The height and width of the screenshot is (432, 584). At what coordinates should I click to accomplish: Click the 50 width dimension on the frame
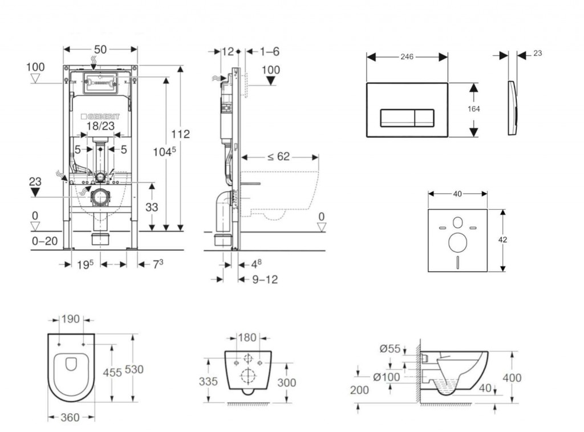pos(100,50)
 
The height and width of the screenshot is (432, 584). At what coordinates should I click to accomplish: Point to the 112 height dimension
pos(181,135)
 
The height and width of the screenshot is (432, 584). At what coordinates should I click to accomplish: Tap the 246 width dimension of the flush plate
pos(407,56)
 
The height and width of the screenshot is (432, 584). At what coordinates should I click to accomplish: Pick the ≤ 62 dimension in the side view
pos(279,157)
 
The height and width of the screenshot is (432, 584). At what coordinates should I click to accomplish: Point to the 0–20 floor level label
pos(44,241)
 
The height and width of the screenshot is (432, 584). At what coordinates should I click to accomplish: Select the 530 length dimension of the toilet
pos(134,369)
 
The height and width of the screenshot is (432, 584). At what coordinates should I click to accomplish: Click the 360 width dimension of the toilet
pos(70,418)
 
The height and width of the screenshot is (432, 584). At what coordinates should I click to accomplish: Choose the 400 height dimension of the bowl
pos(512,378)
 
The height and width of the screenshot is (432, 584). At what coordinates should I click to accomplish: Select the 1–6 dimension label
pos(269,51)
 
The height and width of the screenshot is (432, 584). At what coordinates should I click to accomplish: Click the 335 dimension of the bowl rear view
pos(208,381)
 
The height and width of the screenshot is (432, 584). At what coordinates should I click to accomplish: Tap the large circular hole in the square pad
pos(457,242)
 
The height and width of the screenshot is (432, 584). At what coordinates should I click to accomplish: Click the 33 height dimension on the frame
pos(152,207)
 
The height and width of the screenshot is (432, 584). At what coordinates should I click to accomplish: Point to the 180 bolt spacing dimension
pos(247,337)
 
